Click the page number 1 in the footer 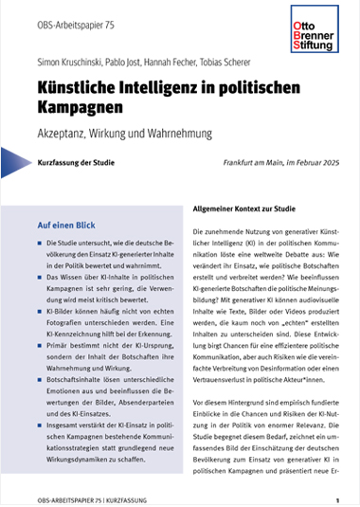[336, 498]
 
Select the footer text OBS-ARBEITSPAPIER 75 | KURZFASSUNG [81, 498]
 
